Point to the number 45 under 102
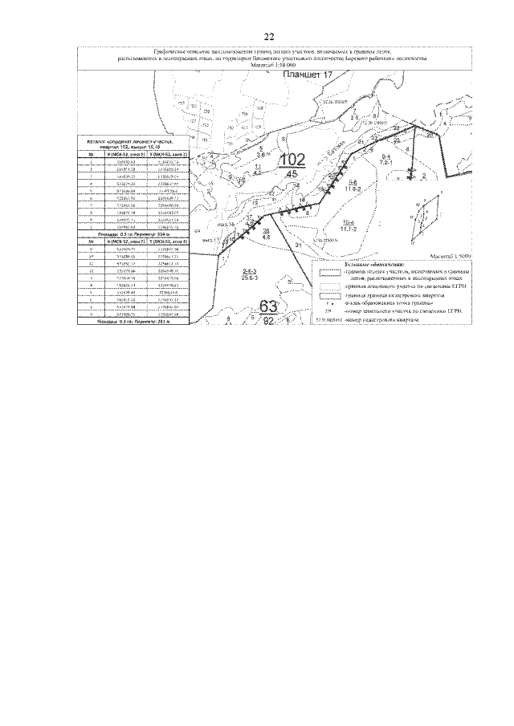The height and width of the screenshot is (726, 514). tap(292, 173)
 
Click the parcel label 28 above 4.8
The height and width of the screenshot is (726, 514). tap(266, 231)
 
